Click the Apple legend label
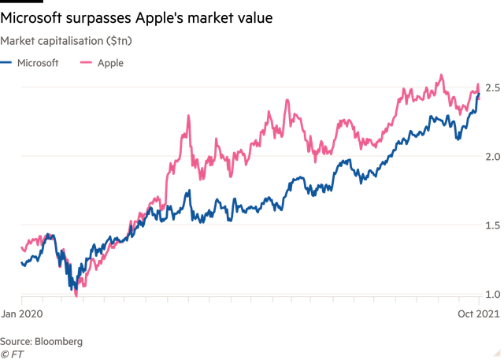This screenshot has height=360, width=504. point(109,63)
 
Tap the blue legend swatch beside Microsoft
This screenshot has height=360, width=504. point(6,63)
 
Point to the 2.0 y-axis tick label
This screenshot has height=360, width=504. point(491,155)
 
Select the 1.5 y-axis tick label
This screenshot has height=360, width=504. point(491,225)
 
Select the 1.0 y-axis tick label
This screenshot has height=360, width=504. point(491,294)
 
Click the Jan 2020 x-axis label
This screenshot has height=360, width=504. point(21,313)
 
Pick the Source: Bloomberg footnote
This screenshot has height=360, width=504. point(41,341)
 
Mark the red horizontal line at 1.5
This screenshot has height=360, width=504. point(236,225)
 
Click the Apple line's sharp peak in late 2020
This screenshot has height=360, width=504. point(188,116)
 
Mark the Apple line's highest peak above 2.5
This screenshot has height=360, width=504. point(440,76)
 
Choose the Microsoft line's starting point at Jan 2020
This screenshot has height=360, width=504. point(21,263)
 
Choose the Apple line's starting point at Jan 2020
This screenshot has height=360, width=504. point(21,248)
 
